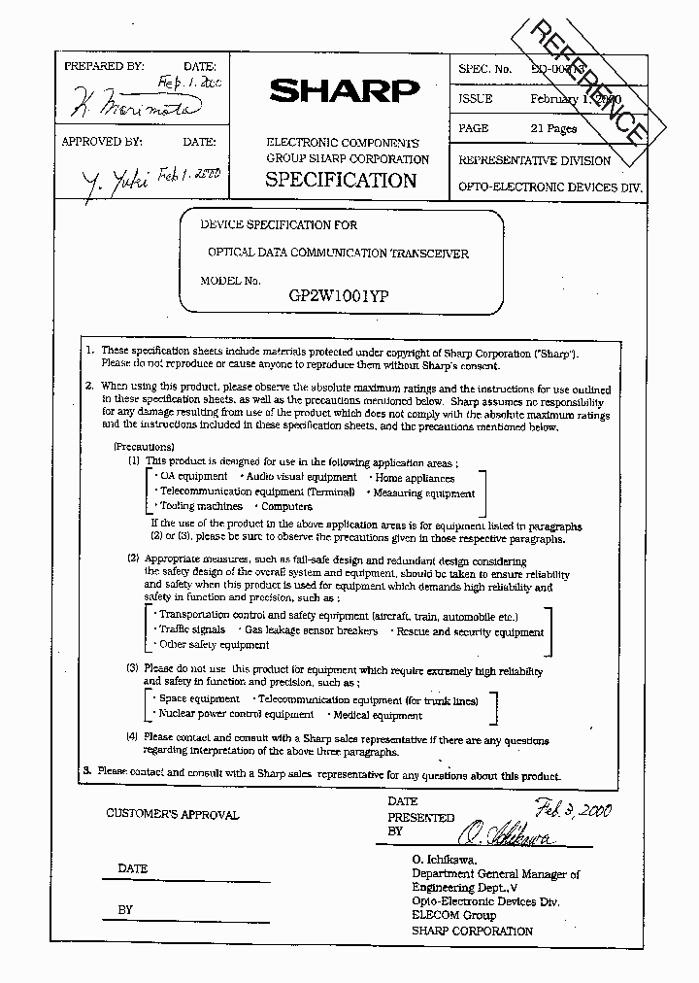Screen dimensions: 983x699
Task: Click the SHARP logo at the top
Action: pos(344,90)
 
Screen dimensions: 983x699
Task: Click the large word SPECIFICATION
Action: pos(341,180)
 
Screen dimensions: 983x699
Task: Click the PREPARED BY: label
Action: pos(104,66)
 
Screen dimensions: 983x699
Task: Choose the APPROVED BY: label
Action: pos(102,142)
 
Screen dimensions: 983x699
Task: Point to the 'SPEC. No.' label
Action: pos(484,69)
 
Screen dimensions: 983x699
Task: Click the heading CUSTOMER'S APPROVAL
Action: pos(172,815)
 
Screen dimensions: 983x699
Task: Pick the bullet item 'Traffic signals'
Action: pos(193,630)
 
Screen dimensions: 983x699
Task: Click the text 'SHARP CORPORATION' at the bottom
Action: pos(472,931)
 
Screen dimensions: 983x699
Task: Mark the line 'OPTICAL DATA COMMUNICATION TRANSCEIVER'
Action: pos(339,254)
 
